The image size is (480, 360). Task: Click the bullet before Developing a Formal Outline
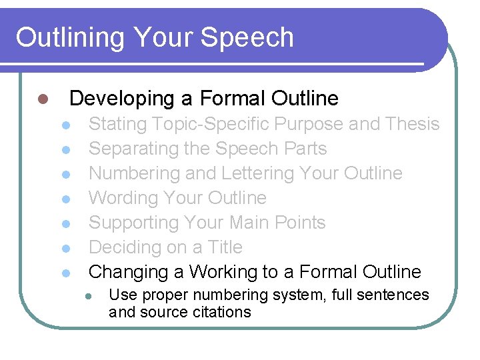[42, 99]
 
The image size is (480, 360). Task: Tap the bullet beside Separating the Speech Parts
[65, 149]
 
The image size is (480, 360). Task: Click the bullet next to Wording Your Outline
[65, 199]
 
